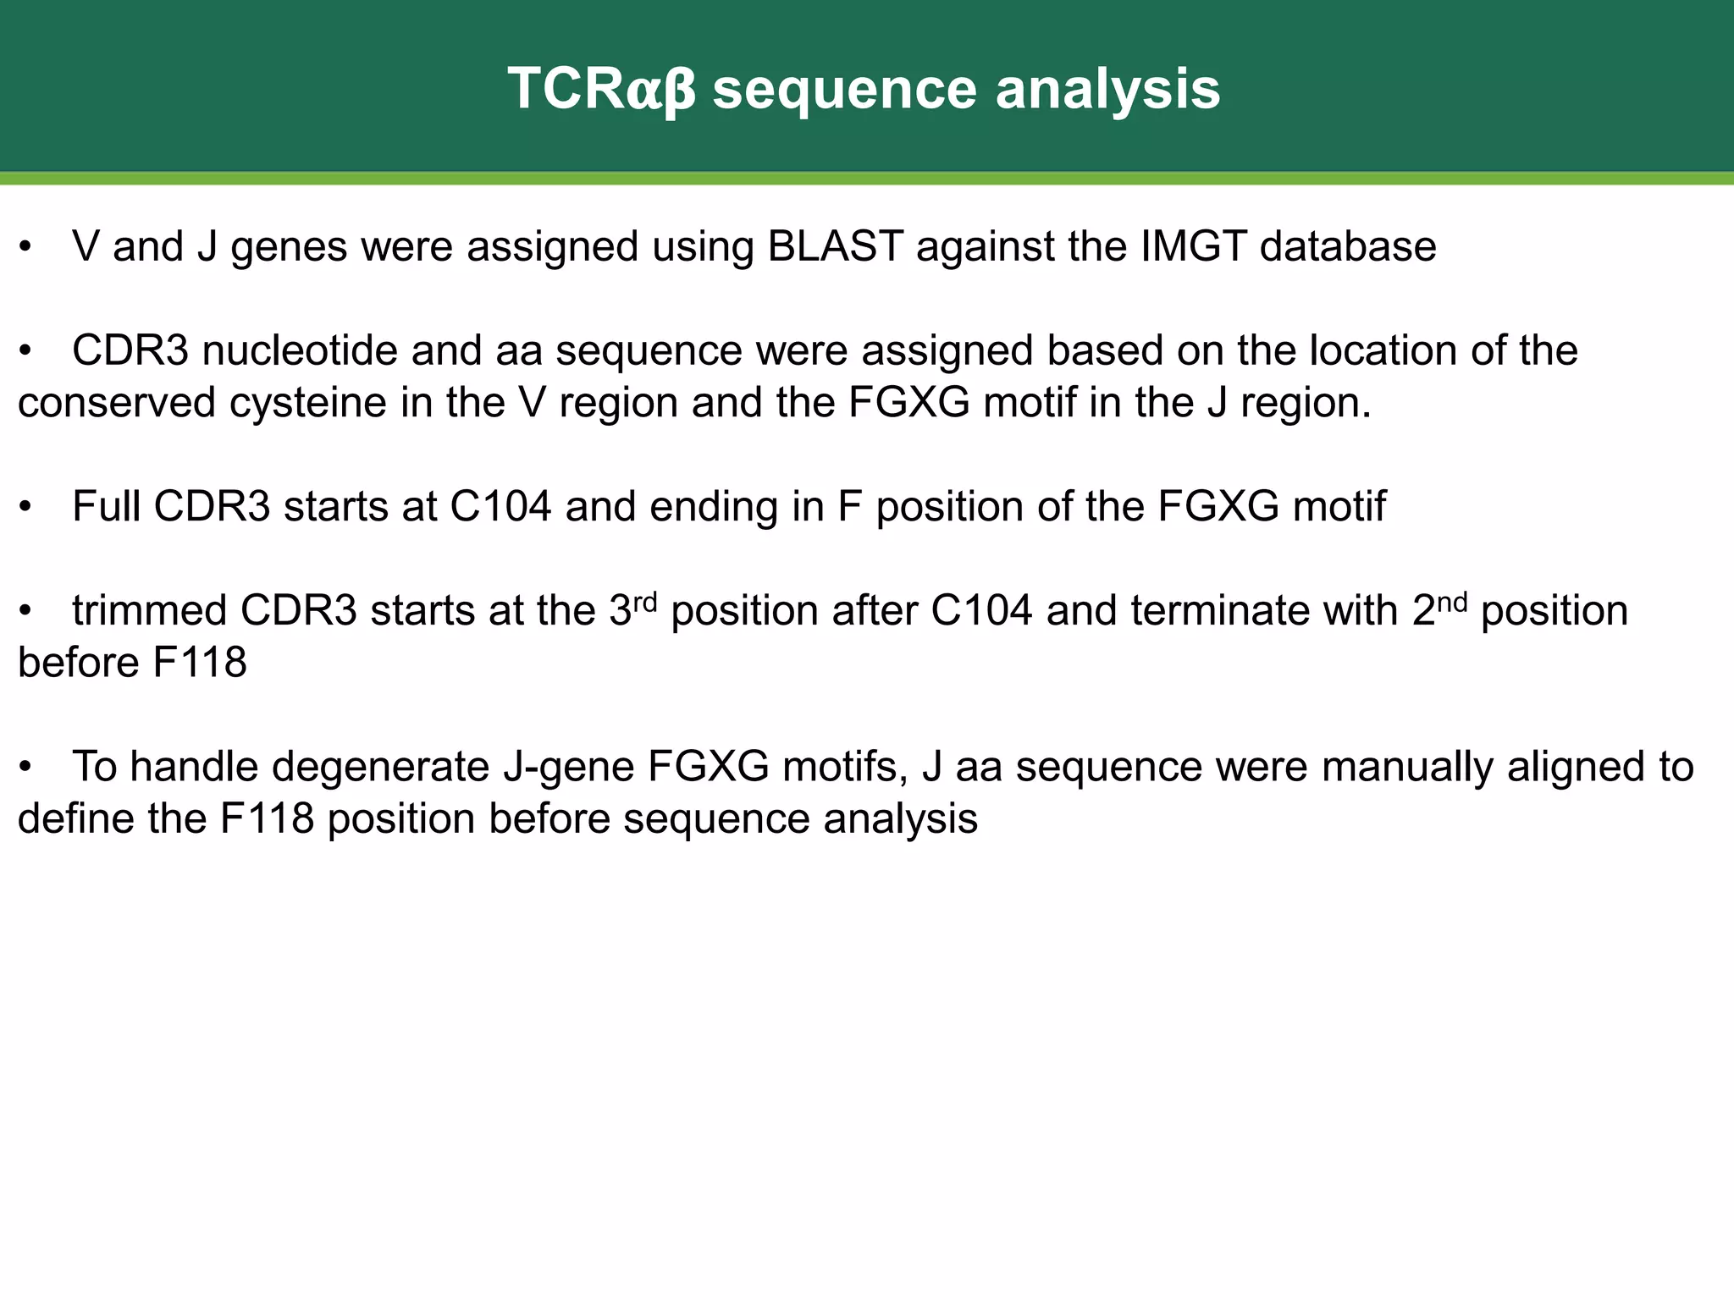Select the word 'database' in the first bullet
(1348, 247)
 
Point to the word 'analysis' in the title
(1107, 89)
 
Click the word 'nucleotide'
(300, 351)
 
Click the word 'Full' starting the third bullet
(106, 507)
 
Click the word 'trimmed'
(149, 611)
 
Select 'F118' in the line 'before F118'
(200, 663)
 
